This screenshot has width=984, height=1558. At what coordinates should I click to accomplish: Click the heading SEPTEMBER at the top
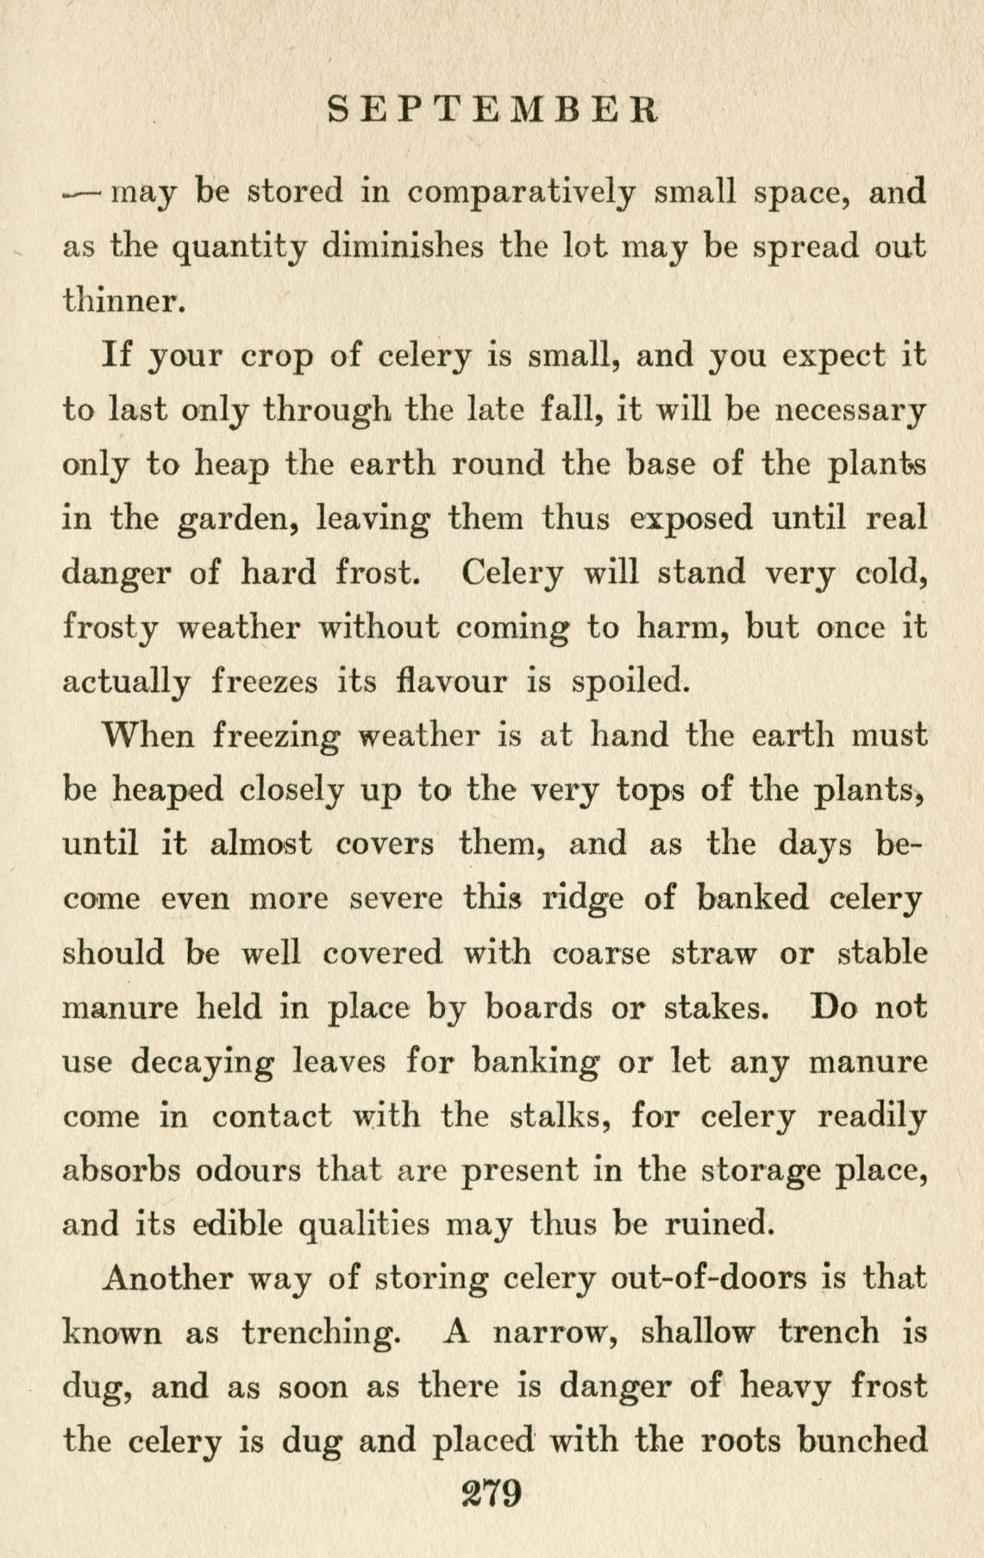click(494, 110)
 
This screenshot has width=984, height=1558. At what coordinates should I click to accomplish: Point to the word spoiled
click(632, 682)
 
